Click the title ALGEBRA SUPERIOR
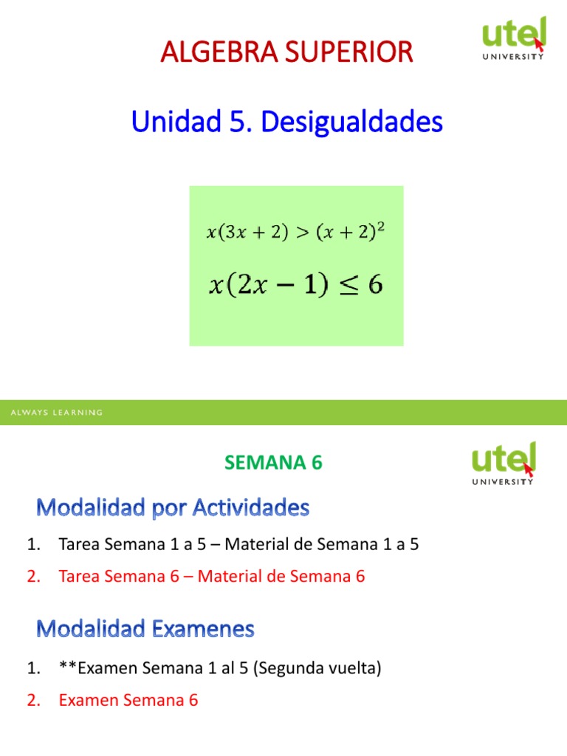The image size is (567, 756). point(286,52)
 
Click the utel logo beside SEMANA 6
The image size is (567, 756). point(504,463)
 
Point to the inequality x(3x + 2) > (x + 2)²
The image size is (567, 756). point(295,233)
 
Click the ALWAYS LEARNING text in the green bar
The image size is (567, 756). point(56,413)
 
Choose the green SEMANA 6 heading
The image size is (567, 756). point(273,463)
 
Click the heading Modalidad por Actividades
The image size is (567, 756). point(173,508)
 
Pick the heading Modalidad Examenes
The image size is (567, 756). point(145,629)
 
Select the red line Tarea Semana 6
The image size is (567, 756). point(211,577)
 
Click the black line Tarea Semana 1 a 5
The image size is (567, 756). point(238,545)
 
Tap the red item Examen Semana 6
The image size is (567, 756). point(128,700)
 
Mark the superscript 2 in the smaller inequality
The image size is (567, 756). point(380,227)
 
